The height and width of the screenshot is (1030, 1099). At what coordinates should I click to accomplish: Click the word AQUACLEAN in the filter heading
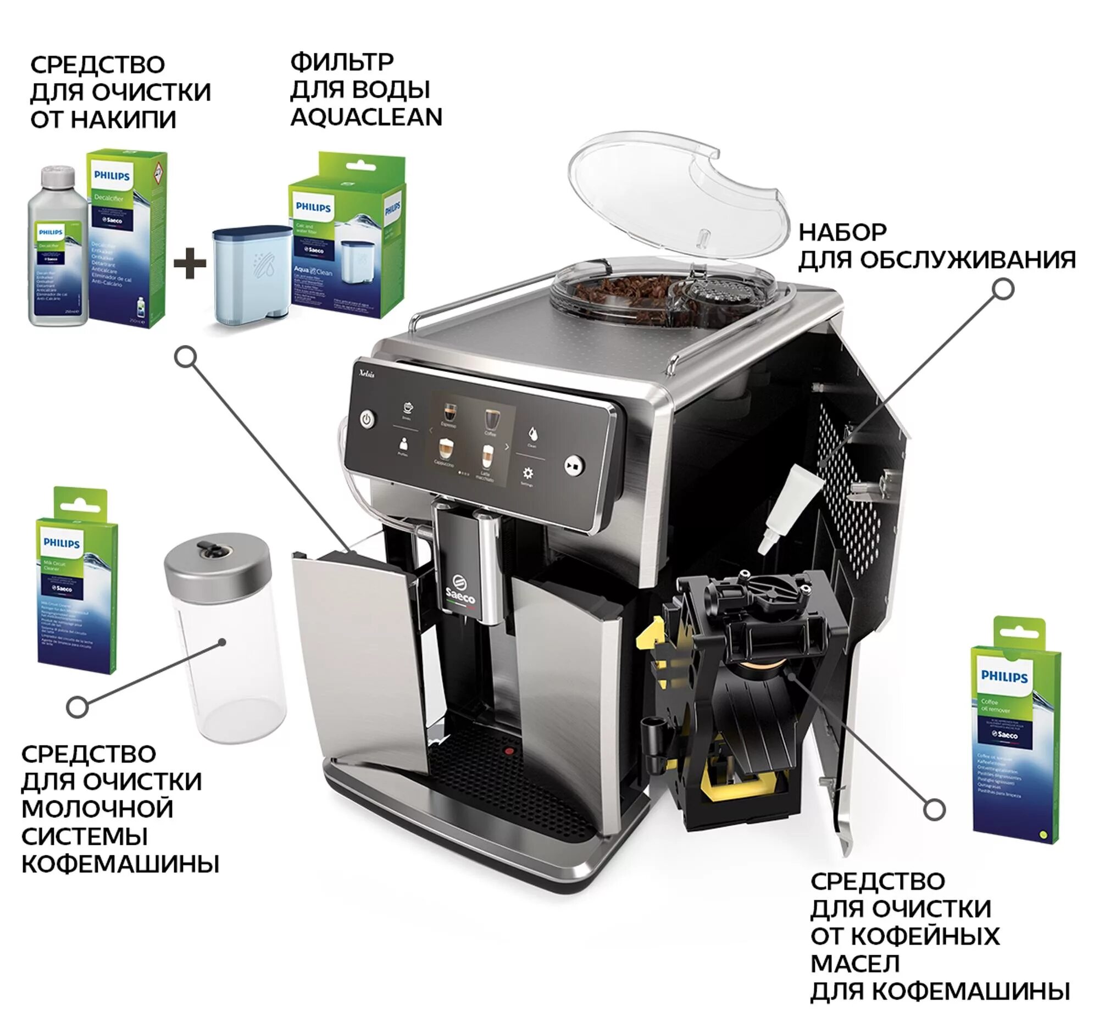[x=366, y=117]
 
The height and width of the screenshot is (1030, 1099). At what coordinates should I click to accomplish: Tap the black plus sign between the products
[x=190, y=263]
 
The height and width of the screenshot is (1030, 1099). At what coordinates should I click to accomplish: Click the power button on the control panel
[x=367, y=419]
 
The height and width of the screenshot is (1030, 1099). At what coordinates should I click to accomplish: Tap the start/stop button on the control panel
[x=574, y=465]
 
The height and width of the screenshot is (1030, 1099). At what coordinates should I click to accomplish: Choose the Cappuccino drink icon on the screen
[x=445, y=450]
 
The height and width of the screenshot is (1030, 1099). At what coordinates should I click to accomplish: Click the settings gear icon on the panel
[x=528, y=473]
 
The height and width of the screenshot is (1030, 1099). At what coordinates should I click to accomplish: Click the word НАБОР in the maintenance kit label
[x=842, y=232]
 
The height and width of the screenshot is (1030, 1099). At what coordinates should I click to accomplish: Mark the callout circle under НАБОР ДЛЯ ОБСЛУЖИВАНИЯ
[x=1003, y=289]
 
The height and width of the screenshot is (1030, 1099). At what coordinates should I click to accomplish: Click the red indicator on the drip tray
[x=509, y=751]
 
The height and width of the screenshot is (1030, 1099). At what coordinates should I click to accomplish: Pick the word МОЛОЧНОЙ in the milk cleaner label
[x=97, y=809]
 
